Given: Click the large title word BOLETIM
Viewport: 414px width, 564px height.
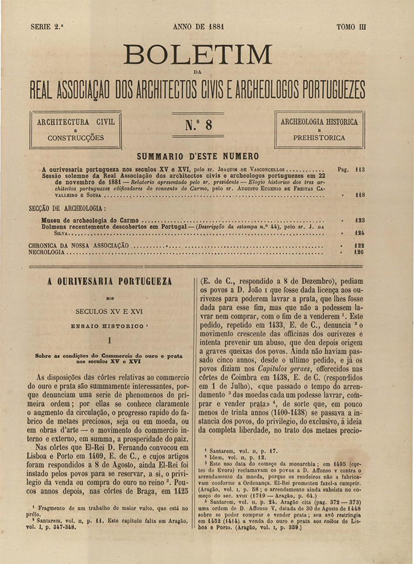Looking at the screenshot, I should [x=197, y=55].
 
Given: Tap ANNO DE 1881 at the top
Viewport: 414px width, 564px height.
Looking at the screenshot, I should [x=199, y=27].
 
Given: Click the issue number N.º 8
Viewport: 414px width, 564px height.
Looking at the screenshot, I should [x=198, y=125].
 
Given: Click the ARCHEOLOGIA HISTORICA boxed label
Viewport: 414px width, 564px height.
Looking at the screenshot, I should [x=319, y=123].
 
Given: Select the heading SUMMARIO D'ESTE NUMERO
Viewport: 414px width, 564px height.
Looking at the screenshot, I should [x=198, y=156].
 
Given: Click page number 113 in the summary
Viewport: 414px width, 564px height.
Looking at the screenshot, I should [x=360, y=169].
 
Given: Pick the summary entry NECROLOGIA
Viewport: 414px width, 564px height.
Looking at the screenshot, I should [x=47, y=252].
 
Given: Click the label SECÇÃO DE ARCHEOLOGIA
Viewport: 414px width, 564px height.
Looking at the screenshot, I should [x=67, y=209].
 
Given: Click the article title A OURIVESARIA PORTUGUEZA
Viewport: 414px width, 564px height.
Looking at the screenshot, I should [x=110, y=281].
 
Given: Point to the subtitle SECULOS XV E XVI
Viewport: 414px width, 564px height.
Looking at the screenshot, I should [x=110, y=311].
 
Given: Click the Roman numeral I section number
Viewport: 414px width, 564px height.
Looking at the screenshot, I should [x=110, y=340].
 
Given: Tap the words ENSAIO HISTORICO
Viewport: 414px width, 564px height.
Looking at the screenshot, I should [x=108, y=325].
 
